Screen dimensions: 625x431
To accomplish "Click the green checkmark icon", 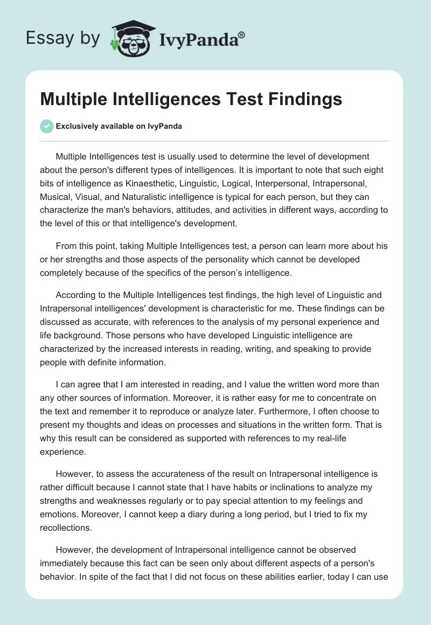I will [47, 126].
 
